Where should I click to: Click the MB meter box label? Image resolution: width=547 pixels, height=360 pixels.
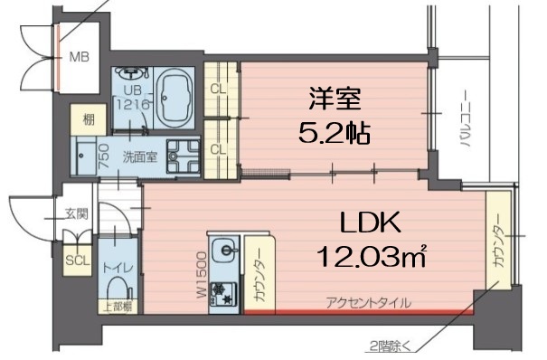[80, 55]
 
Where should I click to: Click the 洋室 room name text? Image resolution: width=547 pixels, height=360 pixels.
[331, 96]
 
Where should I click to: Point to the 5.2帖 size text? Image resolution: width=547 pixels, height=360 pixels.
[333, 134]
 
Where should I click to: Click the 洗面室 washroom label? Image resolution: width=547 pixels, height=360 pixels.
[139, 156]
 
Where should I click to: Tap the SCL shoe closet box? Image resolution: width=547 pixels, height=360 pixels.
[76, 260]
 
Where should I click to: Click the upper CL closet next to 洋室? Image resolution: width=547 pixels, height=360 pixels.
[217, 88]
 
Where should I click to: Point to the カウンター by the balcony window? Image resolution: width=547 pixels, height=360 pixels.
[497, 241]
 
